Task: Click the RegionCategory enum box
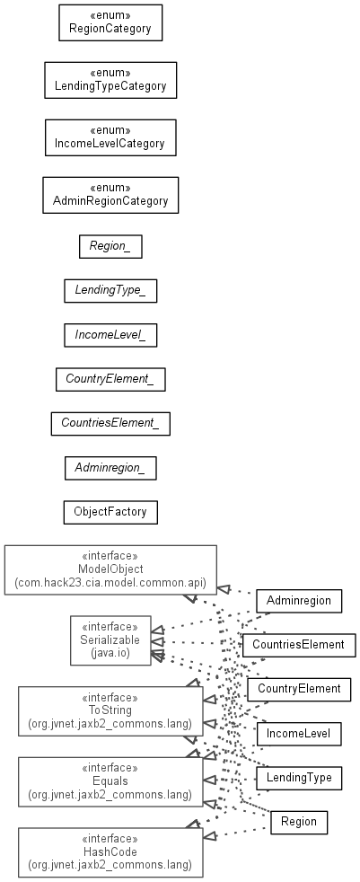pyautogui.click(x=110, y=23)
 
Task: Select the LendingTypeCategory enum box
pyautogui.click(x=110, y=81)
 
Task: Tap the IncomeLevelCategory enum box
pyautogui.click(x=110, y=137)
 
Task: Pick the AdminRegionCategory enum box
pyautogui.click(x=110, y=195)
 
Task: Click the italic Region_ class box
pyautogui.click(x=110, y=246)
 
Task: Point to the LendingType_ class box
pyautogui.click(x=110, y=291)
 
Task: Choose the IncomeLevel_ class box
pyautogui.click(x=110, y=335)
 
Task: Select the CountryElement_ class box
pyautogui.click(x=110, y=379)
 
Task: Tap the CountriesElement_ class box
pyautogui.click(x=110, y=424)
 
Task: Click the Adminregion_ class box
pyautogui.click(x=110, y=468)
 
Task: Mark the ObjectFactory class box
pyautogui.click(x=110, y=512)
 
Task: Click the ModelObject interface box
pyautogui.click(x=110, y=569)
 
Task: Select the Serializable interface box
pyautogui.click(x=110, y=640)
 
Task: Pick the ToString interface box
pyautogui.click(x=110, y=711)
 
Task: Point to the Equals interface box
pyautogui.click(x=110, y=781)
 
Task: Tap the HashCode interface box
pyautogui.click(x=110, y=851)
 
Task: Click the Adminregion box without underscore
pyautogui.click(x=299, y=601)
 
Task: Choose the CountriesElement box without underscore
pyautogui.click(x=299, y=645)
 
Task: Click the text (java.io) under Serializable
pyautogui.click(x=110, y=653)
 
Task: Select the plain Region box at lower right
pyautogui.click(x=299, y=822)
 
